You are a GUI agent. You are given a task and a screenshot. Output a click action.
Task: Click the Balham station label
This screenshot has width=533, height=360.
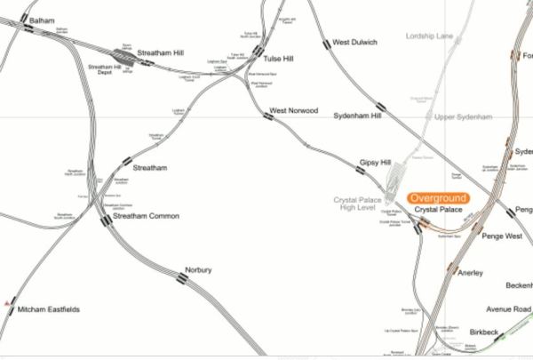[43, 19]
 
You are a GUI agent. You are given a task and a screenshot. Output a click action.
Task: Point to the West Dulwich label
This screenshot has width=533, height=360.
[354, 42]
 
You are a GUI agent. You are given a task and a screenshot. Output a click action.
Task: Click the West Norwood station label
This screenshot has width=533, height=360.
[294, 110]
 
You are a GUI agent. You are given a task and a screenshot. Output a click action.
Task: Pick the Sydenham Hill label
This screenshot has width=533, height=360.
[356, 116]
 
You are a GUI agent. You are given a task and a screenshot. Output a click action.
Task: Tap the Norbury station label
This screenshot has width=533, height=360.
[197, 269]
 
